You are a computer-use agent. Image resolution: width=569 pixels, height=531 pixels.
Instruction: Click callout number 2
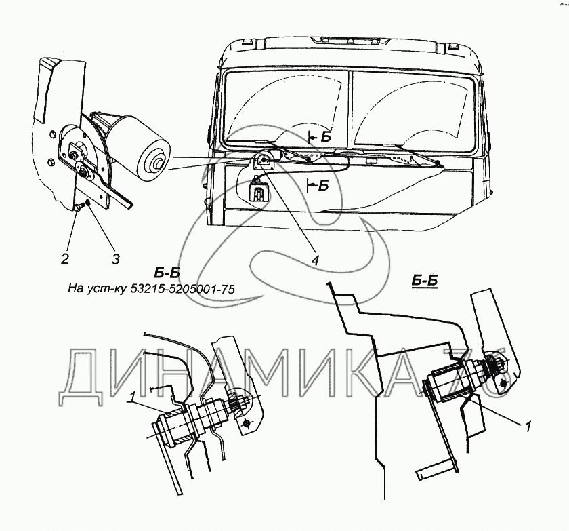[65, 258]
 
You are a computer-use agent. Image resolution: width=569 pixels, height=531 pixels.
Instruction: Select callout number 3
[116, 258]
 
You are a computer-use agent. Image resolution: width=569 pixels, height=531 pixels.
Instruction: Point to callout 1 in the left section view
[134, 395]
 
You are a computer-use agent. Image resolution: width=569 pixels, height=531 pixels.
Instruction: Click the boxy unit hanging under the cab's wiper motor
[259, 192]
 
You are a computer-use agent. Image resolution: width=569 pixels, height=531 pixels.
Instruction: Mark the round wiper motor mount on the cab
[263, 161]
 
